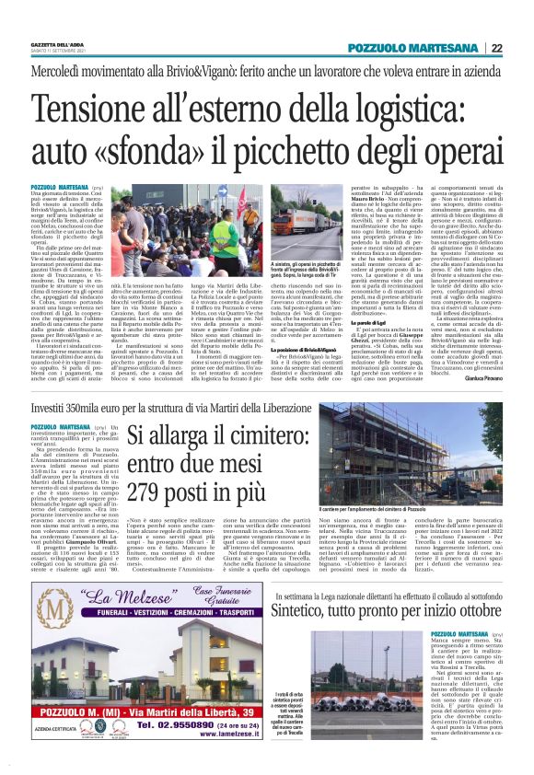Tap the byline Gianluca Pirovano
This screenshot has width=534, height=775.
485,377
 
